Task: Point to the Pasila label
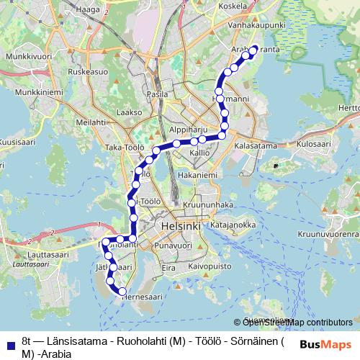coord(157,94)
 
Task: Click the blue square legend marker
coord(9,345)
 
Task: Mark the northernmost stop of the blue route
coord(253,50)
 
